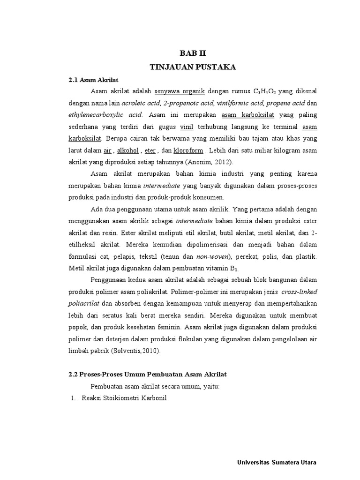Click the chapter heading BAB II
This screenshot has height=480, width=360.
pyautogui.click(x=193, y=54)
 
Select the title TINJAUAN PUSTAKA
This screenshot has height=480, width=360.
pyautogui.click(x=193, y=67)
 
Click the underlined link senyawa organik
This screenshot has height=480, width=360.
pyautogui.click(x=180, y=90)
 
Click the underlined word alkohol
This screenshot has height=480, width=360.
pyautogui.click(x=127, y=150)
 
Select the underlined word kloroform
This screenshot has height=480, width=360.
pyautogui.click(x=188, y=150)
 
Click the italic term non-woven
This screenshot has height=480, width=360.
pyautogui.click(x=213, y=256)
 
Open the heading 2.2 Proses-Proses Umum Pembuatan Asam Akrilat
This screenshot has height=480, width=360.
pyautogui.click(x=147, y=374)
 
